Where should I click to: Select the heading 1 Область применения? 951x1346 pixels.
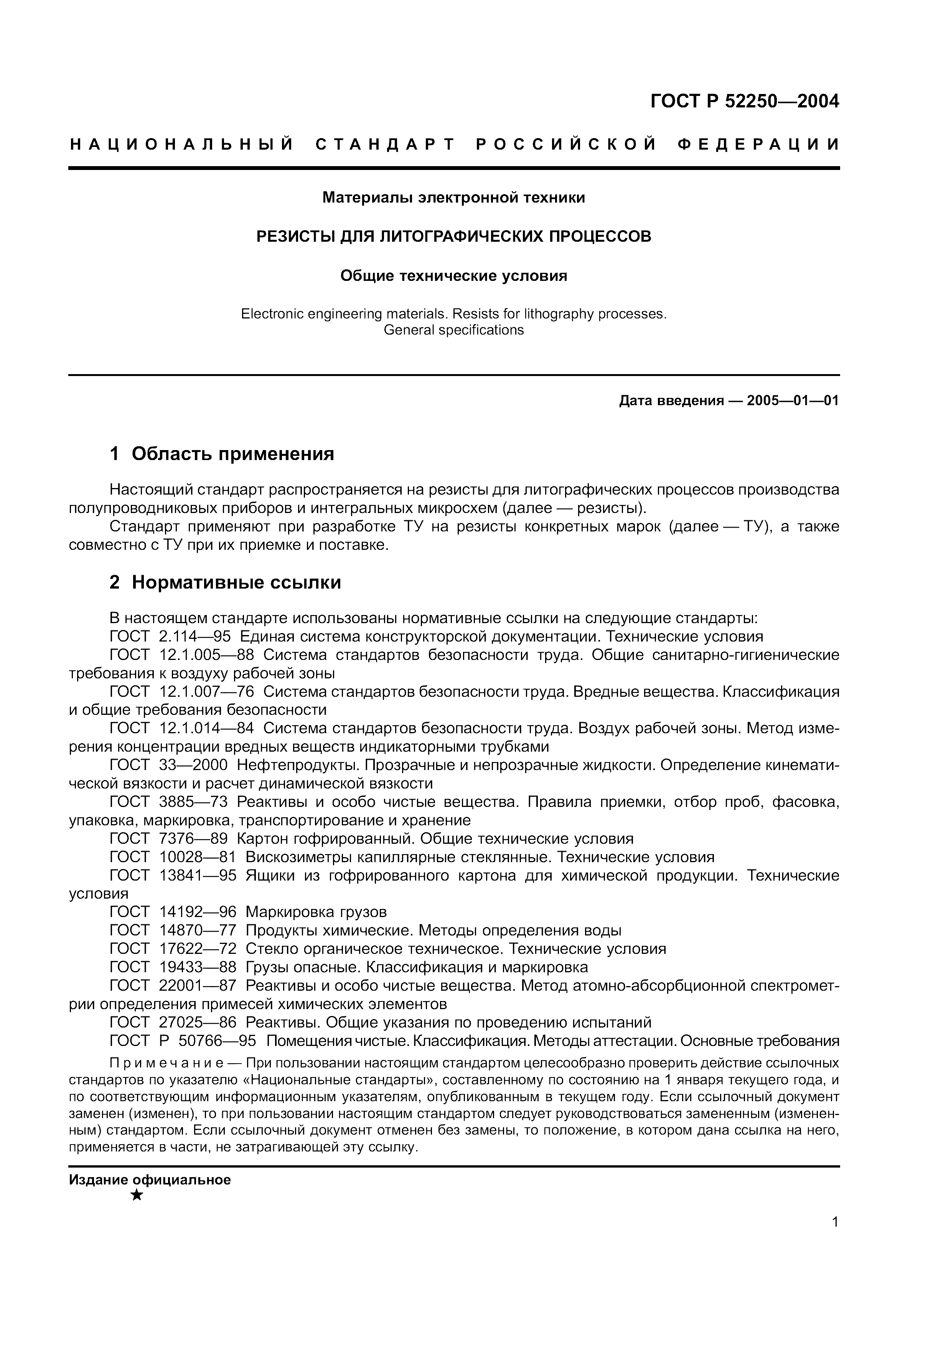tap(222, 453)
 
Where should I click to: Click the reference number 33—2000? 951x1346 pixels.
tap(193, 765)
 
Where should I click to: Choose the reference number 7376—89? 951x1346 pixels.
tap(193, 839)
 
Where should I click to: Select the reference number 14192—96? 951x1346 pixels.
tap(198, 912)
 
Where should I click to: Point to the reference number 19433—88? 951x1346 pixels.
tap(198, 967)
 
